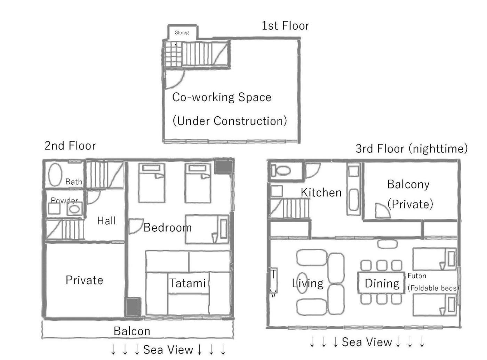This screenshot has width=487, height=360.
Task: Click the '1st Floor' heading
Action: click(x=285, y=26)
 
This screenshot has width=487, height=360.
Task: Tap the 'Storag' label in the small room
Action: click(x=182, y=33)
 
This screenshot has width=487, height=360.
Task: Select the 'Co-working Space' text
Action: click(x=222, y=97)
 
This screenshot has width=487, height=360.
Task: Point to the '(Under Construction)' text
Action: click(x=230, y=121)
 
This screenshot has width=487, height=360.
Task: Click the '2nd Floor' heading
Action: click(x=70, y=146)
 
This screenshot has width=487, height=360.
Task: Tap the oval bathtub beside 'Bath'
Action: click(x=55, y=174)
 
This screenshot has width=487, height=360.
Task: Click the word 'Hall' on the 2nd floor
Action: click(x=106, y=221)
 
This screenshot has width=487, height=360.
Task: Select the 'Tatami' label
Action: click(x=188, y=283)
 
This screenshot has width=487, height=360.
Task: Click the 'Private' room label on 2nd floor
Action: click(x=85, y=280)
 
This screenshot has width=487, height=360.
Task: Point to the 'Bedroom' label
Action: click(x=168, y=227)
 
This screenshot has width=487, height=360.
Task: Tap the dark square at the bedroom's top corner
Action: click(x=223, y=166)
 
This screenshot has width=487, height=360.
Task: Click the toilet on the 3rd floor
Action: click(x=281, y=170)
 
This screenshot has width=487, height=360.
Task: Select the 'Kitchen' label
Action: click(x=321, y=193)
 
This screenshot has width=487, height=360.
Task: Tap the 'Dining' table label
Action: click(x=382, y=283)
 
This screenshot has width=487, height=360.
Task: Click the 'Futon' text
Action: click(x=417, y=276)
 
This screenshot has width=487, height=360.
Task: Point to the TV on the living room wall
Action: click(x=273, y=280)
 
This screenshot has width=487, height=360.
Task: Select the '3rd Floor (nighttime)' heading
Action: click(x=412, y=149)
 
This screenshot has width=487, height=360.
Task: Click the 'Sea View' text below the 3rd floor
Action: click(x=367, y=342)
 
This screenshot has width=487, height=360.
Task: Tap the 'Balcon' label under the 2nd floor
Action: click(x=132, y=331)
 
